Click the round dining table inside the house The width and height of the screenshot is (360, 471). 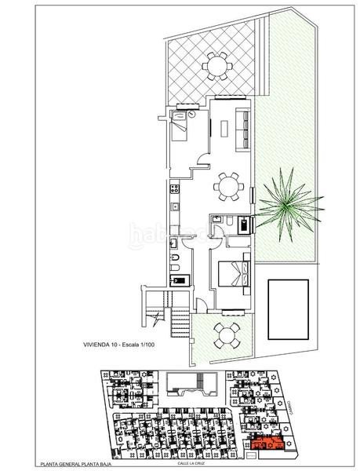(x=228, y=186)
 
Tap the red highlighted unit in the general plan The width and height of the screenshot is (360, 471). (x=267, y=445)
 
